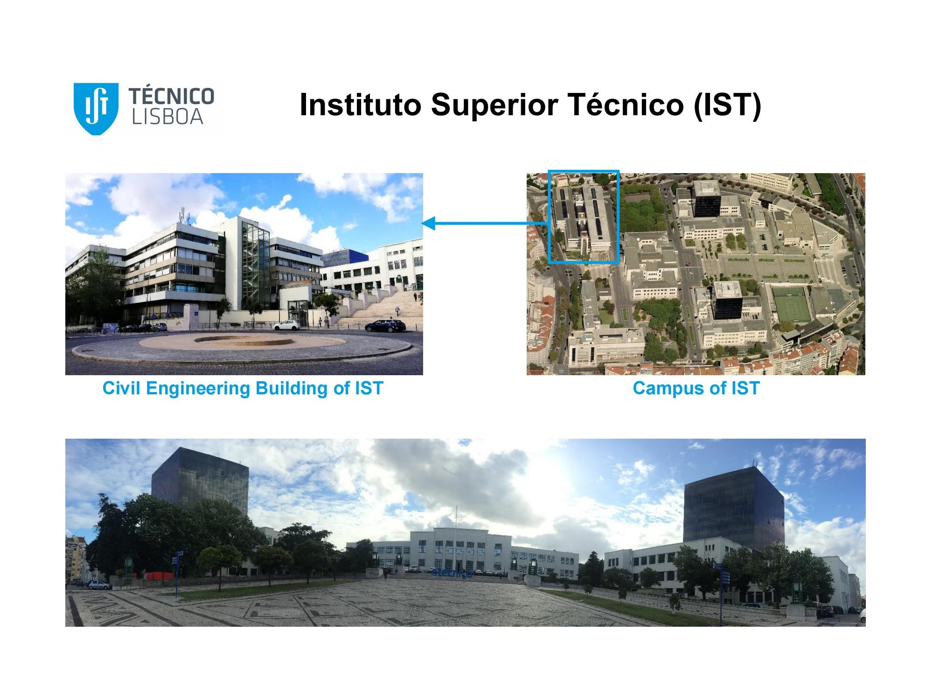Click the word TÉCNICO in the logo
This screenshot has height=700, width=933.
coord(171,96)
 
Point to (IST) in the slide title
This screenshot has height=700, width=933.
coord(727,105)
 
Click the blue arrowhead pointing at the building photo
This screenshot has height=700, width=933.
coord(429,224)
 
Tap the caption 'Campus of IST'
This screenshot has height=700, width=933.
coord(696,388)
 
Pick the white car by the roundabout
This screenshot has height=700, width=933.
coord(286,325)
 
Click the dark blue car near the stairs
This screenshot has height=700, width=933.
coord(385,326)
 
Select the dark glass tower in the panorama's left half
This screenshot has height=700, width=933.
coord(201,481)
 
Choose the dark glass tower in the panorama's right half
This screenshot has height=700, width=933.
coord(733,506)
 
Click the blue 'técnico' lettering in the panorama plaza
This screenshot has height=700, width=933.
coord(452,573)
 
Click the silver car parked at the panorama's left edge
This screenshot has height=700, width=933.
coord(100,585)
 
